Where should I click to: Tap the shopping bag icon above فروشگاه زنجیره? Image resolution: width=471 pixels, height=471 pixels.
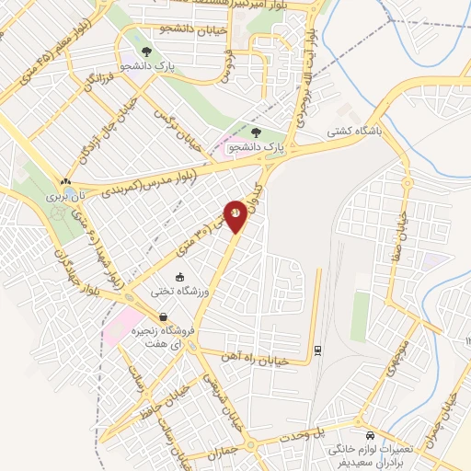pos(163,316)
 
